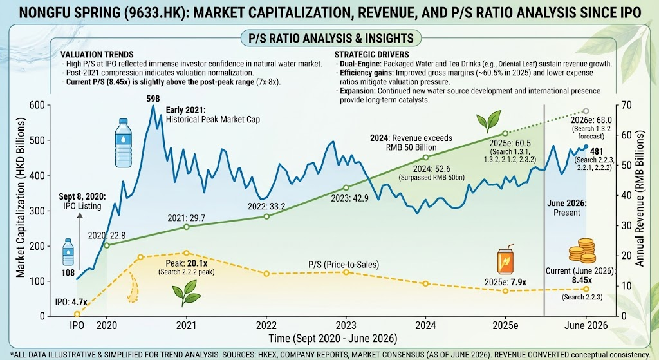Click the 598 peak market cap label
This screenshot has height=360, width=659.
[153, 99]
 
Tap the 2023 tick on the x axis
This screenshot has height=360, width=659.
[346, 325]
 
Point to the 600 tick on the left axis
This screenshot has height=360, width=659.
[37, 105]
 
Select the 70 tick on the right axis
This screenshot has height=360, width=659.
[626, 105]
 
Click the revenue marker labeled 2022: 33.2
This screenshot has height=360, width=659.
[266, 216]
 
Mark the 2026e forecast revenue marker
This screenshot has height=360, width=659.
[586, 111]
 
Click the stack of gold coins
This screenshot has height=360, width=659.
[582, 251]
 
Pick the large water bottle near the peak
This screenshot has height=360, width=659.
[123, 142]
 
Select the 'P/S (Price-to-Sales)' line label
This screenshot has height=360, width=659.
[344, 265]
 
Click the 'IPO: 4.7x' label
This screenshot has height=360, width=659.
[71, 302]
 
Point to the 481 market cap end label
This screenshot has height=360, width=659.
[597, 151]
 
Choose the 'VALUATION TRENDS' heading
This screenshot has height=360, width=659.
[97, 54]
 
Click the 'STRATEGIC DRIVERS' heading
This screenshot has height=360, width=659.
[371, 54]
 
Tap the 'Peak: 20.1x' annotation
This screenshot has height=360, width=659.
[186, 263]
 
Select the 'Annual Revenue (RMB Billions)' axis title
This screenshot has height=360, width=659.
[640, 198]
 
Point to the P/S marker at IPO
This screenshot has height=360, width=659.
[77, 314]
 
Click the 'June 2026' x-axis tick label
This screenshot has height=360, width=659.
[586, 325]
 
